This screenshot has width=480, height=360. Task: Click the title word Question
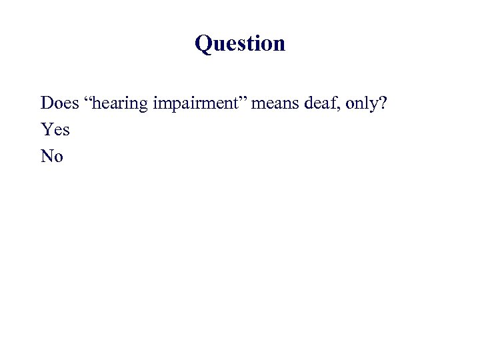[240, 44]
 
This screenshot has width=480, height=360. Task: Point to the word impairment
[193, 104]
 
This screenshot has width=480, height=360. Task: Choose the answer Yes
[55, 129]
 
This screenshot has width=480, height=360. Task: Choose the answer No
[52, 156]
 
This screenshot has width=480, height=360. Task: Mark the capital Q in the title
[203, 44]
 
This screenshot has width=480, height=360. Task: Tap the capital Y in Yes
[46, 129]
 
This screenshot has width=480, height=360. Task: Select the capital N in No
[47, 156]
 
